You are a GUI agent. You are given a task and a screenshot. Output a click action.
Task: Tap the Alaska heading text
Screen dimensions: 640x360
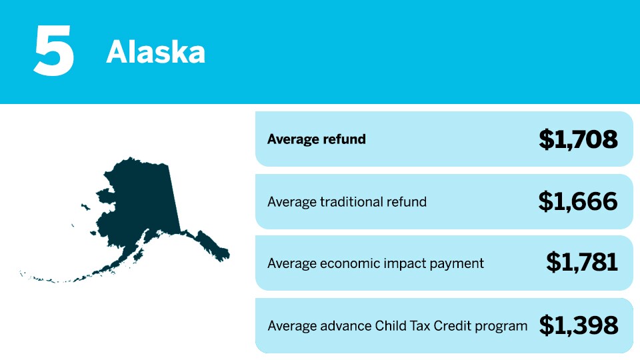155,52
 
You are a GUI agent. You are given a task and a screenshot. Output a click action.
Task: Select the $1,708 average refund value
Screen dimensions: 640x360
578,139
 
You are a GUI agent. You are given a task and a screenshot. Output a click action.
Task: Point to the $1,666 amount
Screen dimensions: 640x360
578,201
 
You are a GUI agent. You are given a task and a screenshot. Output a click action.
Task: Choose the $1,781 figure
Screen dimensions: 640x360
581,262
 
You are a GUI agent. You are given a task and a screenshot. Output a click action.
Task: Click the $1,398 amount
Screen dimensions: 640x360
579,325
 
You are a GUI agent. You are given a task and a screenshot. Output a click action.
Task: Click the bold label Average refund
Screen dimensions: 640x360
316,139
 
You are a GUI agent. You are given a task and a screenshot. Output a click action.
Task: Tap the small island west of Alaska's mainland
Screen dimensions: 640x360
86,207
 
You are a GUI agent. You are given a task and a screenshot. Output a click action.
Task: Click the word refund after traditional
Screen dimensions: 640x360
407,201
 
